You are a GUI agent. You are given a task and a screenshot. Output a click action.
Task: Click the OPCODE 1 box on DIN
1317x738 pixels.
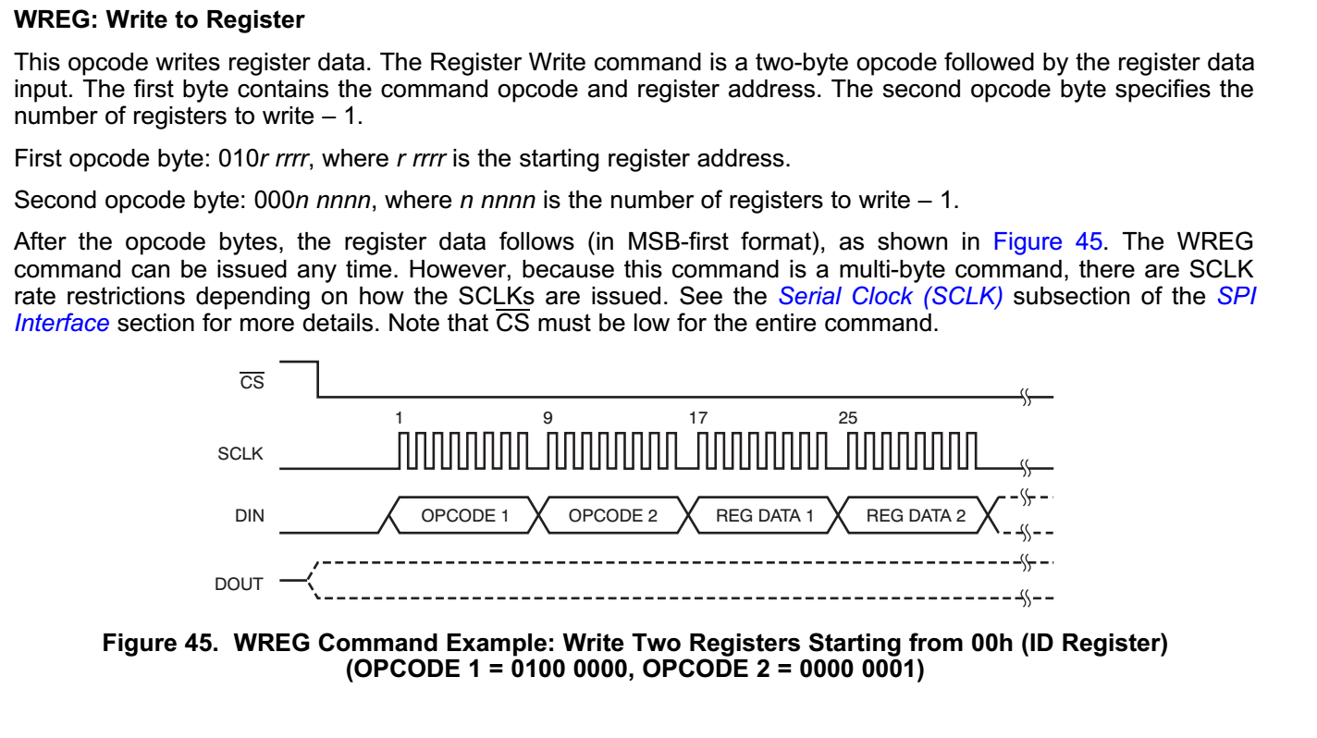[464, 516]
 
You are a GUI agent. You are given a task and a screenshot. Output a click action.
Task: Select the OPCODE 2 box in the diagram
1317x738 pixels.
[612, 516]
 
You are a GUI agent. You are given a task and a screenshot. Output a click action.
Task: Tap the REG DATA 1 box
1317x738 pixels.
[764, 516]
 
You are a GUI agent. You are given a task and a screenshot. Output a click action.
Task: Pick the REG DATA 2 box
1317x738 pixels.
[916, 516]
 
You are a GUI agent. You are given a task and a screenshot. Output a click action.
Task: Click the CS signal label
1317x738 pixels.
[252, 382]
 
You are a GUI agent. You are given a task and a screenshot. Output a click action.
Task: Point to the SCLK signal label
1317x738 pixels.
[240, 454]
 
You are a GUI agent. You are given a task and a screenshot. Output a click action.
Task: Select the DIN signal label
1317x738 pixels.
[250, 516]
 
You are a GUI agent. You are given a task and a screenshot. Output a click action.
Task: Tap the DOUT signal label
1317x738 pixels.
[238, 584]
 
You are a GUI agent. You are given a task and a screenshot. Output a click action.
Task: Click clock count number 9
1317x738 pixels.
[548, 418]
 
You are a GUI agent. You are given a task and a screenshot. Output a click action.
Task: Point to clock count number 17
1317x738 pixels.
[698, 418]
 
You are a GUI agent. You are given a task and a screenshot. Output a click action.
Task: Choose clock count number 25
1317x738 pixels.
[848, 418]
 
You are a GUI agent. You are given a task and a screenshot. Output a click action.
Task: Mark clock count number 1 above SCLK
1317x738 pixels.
[399, 418]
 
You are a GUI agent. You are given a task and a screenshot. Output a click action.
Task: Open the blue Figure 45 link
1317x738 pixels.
[1047, 241]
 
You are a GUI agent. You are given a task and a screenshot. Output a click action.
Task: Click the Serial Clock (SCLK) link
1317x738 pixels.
[891, 296]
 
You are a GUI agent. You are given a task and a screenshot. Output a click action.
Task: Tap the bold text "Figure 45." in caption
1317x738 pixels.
[160, 643]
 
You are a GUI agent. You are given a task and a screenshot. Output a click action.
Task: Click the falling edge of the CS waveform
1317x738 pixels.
[318, 379]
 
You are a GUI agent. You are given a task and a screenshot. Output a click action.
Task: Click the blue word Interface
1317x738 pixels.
[62, 324]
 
